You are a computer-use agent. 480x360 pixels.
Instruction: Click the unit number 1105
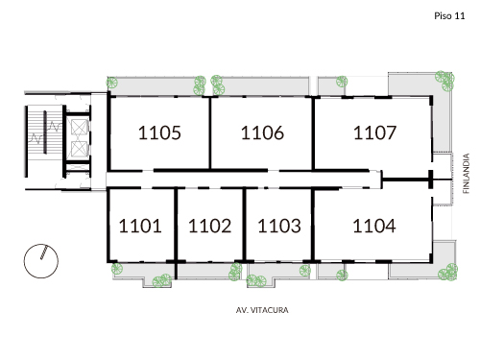pos(159,133)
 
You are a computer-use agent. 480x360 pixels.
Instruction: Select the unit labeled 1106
pos(262,133)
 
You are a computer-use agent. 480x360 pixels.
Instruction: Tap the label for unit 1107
pos(374,133)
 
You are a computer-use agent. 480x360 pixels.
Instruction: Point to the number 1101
pos(140,227)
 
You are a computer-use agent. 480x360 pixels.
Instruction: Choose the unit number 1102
pos(209,227)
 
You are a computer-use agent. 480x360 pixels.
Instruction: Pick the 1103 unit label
pos(280,227)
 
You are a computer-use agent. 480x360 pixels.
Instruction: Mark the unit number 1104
pos(374,227)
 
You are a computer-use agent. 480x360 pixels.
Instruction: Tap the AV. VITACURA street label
pos(262,310)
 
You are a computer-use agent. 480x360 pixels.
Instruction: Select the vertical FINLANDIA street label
pos(466,174)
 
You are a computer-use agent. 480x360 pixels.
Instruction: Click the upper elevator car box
pos(78,127)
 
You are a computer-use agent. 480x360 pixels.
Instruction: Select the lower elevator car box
pos(78,152)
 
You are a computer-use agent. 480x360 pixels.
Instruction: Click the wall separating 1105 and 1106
pos(210,134)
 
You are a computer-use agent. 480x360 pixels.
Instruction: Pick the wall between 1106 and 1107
pos(314,134)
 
